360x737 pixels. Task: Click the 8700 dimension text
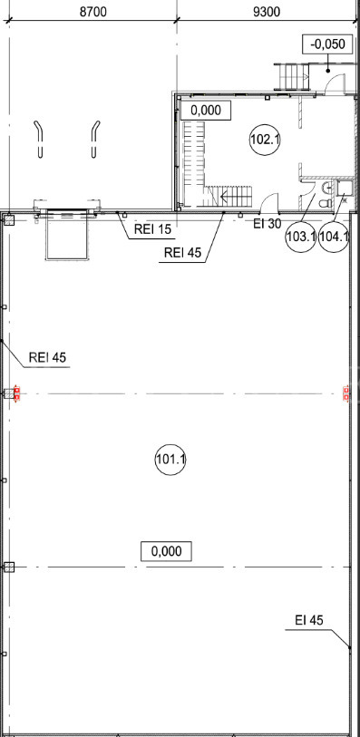92,11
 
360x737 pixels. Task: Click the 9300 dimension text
267,11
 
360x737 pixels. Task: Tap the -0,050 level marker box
327,44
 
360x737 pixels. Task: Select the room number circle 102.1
265,140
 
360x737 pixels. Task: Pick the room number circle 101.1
170,460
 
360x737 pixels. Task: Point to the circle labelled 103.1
301,237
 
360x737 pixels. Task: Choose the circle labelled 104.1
334,237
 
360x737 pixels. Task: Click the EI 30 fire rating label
268,224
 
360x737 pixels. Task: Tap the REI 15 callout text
152,230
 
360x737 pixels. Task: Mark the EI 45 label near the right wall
309,620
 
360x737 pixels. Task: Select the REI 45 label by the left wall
47,358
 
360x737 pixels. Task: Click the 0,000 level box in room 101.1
167,551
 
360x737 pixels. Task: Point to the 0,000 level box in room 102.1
207,111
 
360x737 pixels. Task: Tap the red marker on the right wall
346,393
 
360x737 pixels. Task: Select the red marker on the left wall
17,393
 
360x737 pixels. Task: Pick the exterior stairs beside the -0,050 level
292,77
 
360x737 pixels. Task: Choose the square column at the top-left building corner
9,219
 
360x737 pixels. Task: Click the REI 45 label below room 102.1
183,253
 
